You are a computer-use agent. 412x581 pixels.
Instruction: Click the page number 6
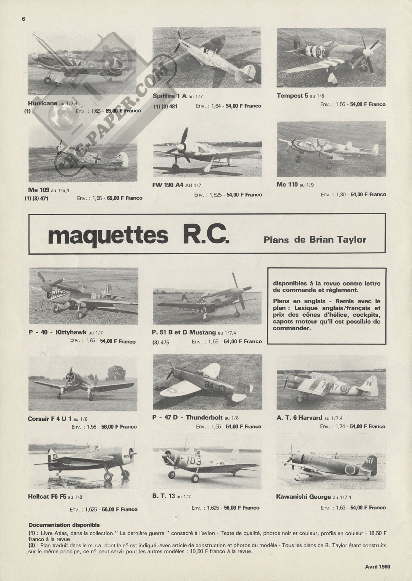[23, 20]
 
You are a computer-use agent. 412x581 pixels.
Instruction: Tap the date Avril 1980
[377, 566]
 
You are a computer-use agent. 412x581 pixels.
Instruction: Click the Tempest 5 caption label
[292, 95]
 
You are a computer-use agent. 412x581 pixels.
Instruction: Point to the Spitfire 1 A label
[169, 96]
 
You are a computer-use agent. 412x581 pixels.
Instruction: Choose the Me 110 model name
[287, 184]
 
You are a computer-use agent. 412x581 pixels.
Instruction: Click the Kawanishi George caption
[303, 497]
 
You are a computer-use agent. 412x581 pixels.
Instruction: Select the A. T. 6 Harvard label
[299, 417]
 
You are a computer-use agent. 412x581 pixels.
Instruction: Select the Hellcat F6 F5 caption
[47, 497]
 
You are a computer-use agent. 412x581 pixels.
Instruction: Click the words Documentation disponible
[64, 525]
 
